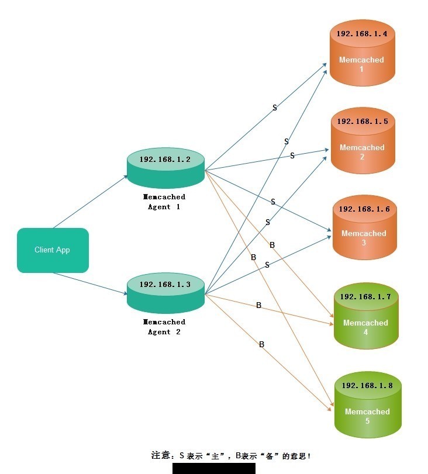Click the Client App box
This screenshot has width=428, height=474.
[53, 250]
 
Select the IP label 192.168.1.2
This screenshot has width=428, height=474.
[165, 160]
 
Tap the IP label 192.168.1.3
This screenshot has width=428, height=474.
[165, 285]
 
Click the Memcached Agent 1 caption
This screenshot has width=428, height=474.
[164, 202]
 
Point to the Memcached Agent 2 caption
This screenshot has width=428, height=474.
[164, 327]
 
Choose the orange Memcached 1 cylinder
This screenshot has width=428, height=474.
[362, 53]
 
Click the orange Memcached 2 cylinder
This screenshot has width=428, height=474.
[363, 141]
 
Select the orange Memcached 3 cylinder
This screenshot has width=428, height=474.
[364, 227]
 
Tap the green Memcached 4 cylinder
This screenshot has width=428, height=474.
[366, 316]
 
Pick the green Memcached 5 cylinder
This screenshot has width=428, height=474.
[368, 405]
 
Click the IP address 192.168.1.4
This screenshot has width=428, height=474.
[362, 33]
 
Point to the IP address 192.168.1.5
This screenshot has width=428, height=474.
[363, 121]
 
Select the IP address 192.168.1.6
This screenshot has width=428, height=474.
[364, 209]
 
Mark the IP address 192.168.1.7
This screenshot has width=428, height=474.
[365, 296]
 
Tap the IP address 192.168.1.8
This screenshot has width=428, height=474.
[367, 385]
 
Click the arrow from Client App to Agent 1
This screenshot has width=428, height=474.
[91, 202]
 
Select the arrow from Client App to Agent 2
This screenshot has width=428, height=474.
[91, 283]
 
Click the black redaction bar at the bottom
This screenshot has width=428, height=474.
[214, 468]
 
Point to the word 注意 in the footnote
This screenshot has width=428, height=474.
[161, 455]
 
